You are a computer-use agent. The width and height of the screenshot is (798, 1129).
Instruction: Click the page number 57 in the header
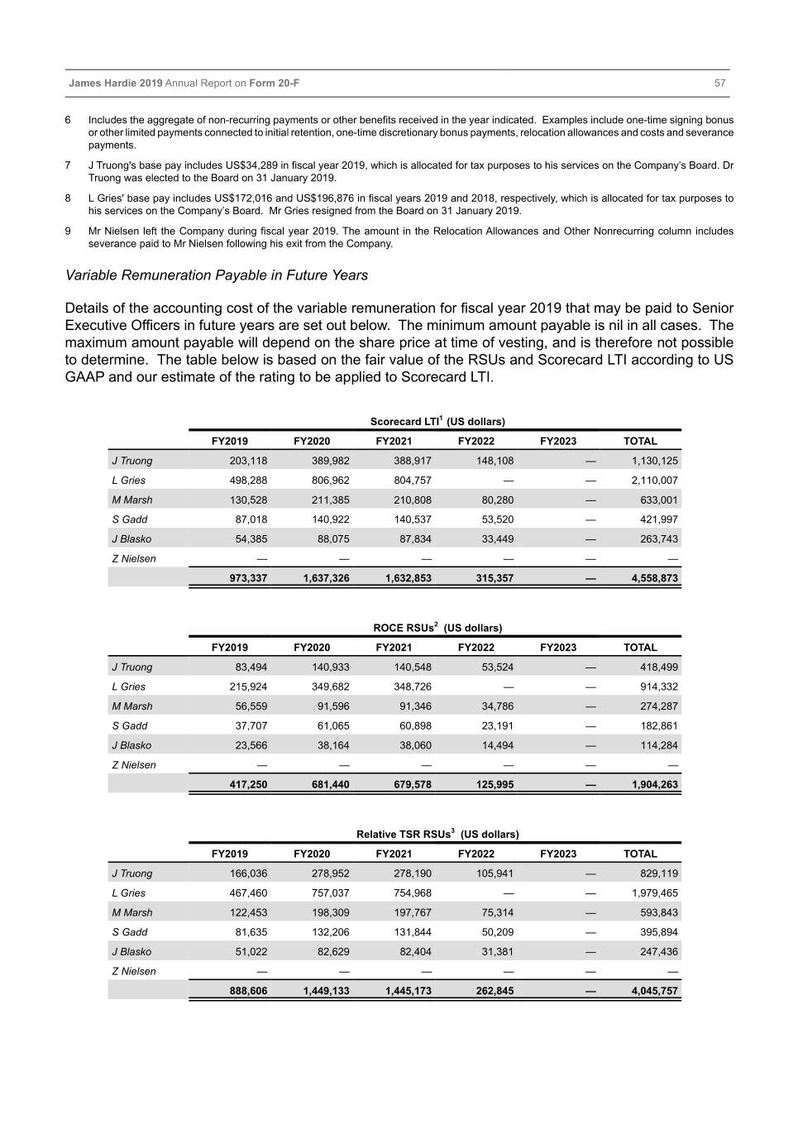[x=719, y=84]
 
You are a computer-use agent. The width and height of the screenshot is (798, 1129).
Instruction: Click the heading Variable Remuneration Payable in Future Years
[x=216, y=275]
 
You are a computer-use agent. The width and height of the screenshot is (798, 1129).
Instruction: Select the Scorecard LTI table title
[x=437, y=422]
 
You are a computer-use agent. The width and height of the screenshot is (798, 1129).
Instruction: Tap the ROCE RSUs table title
[x=437, y=628]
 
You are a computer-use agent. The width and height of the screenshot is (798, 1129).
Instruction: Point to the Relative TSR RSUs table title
[x=437, y=835]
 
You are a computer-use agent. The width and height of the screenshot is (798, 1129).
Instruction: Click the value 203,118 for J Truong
[x=248, y=461]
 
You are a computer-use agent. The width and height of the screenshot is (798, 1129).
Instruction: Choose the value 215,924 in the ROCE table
[x=248, y=686]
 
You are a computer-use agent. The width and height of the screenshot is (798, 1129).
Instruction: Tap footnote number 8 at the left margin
[x=68, y=199]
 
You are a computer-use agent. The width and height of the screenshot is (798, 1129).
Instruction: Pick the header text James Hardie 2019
[x=116, y=84]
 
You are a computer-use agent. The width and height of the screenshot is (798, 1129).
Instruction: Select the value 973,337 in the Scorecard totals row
[x=248, y=578]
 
